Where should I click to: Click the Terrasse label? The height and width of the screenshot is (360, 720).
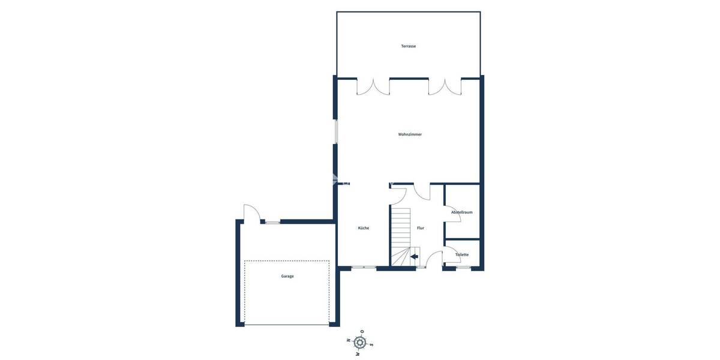tap(409, 46)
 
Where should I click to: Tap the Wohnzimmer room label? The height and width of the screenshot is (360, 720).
tap(410, 134)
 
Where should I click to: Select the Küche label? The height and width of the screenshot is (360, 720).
tap(363, 228)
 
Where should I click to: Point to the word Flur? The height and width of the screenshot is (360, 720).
tap(421, 228)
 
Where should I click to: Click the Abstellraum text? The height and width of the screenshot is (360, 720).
tap(462, 212)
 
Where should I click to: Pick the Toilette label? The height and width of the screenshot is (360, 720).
tap(462, 254)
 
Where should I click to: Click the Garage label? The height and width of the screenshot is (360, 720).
tap(287, 276)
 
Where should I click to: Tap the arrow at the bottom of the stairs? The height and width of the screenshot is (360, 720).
tap(414, 256)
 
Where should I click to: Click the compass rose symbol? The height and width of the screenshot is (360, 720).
tap(360, 343)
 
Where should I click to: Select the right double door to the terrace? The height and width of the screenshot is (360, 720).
tap(445, 87)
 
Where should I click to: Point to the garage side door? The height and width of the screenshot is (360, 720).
tap(251, 213)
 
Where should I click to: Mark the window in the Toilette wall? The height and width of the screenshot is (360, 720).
tap(463, 268)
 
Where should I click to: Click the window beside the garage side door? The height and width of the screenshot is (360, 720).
tap(272, 222)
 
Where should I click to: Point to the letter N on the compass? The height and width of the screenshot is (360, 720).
tap(349, 340)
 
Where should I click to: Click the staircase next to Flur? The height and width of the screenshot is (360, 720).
tap(400, 234)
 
